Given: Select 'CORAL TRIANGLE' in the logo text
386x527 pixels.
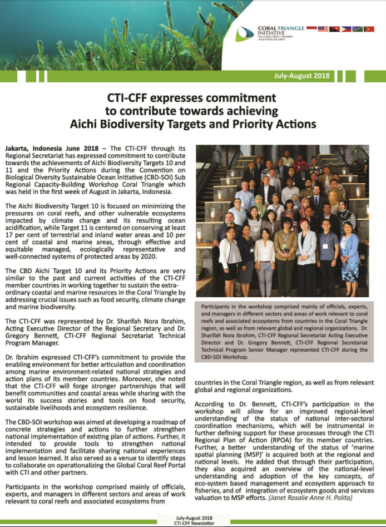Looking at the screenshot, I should pos(278,27).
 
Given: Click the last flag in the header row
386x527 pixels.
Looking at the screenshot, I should pos(369,28).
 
